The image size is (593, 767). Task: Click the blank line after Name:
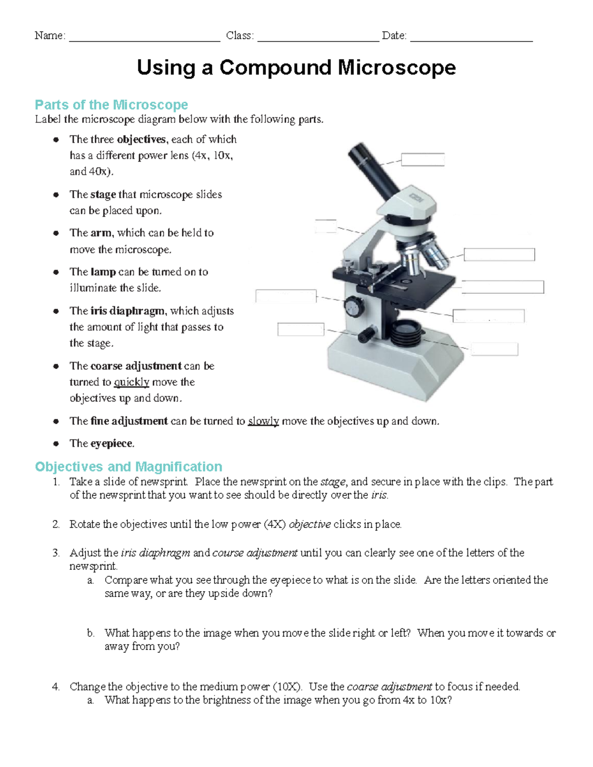click(144, 37)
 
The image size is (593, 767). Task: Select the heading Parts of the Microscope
click(111, 105)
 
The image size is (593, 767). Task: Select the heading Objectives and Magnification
click(128, 467)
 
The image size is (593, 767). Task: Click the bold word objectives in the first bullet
click(141, 139)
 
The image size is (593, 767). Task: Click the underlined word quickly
click(131, 382)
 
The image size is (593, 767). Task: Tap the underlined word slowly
click(263, 421)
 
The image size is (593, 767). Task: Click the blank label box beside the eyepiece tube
click(423, 160)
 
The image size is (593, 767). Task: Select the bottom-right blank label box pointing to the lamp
click(494, 349)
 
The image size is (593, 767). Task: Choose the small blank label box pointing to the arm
click(326, 226)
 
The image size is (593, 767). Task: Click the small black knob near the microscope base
click(366, 334)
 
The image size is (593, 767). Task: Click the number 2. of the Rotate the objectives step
click(56, 525)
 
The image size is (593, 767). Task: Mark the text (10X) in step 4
click(288, 686)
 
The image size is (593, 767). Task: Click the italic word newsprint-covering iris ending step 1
click(379, 495)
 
